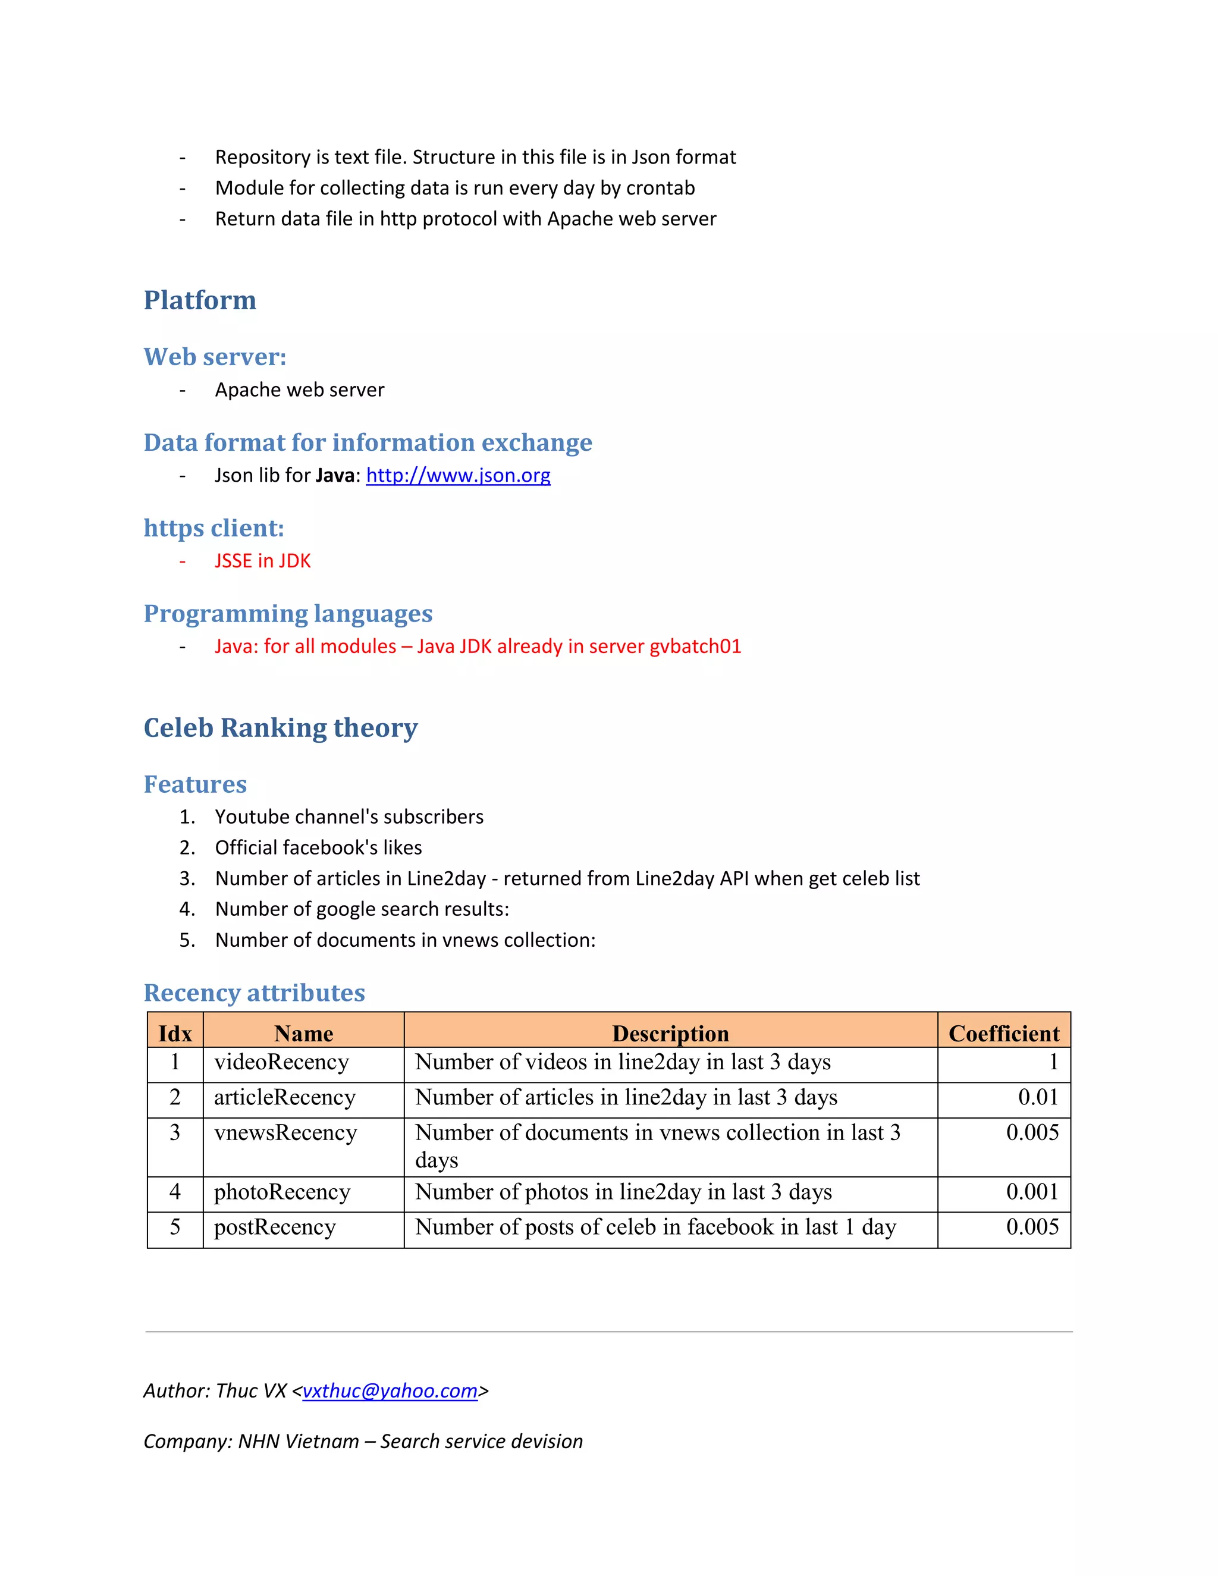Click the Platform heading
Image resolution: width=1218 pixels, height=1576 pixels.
coord(200,300)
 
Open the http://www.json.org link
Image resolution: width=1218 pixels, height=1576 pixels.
coord(457,476)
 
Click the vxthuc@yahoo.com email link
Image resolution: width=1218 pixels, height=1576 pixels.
coord(390,1390)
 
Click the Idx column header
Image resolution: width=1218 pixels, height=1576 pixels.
coord(175,1034)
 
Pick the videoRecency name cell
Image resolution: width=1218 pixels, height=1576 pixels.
coord(281,1062)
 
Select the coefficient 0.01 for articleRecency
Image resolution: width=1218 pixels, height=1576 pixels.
coord(1038,1098)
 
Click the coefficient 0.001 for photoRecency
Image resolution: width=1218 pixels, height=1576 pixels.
coord(1032,1191)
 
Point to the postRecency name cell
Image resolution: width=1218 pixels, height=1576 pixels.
coord(275,1227)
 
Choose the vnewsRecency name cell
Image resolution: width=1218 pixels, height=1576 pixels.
coord(285,1133)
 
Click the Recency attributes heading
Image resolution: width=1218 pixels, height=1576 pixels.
coord(254,993)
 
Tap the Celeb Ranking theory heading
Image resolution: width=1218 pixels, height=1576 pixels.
coord(280,728)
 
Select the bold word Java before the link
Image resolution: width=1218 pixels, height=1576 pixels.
coord(335,476)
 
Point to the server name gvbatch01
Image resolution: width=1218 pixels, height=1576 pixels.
coord(695,646)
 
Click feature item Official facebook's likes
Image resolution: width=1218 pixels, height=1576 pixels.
coord(318,848)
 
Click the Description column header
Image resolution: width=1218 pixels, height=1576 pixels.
coord(670,1034)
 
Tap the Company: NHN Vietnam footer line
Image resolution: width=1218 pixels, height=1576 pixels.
coord(363,1441)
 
